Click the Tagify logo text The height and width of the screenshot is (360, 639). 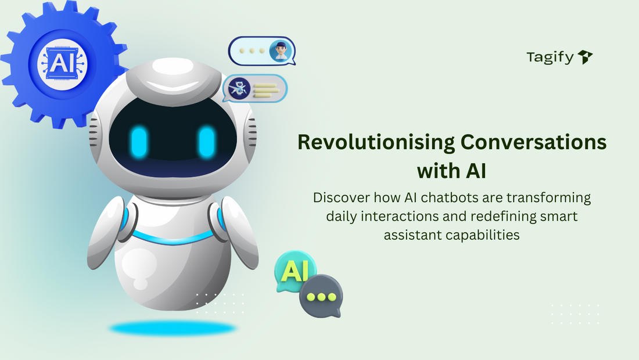coord(550,57)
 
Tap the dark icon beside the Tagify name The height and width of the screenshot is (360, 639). coord(585,57)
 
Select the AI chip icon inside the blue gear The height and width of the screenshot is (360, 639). coord(58,62)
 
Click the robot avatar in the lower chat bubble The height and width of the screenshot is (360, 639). coord(239,88)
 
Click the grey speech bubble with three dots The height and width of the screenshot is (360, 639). coord(321,296)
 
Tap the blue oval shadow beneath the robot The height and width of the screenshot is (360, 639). coord(173,329)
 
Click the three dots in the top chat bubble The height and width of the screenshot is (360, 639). coord(251,51)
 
